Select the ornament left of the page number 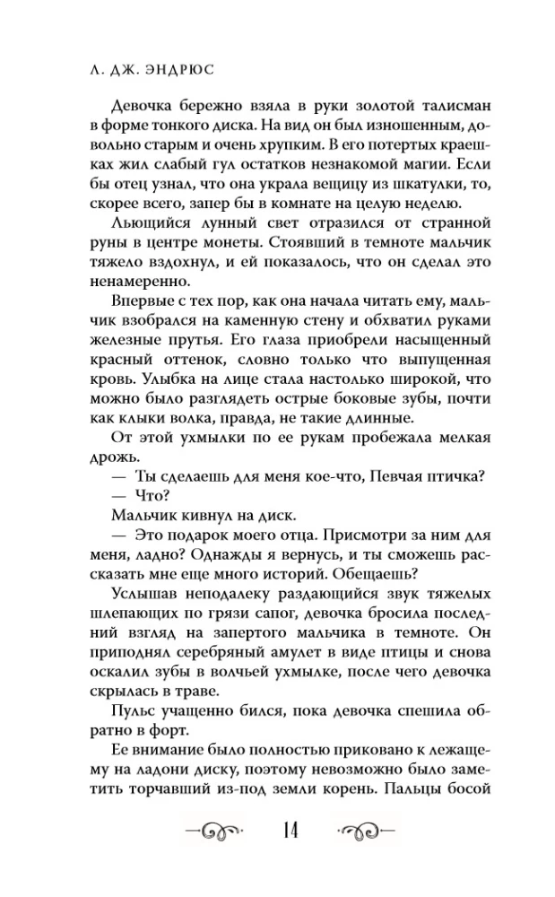pyautogui.click(x=214, y=829)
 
